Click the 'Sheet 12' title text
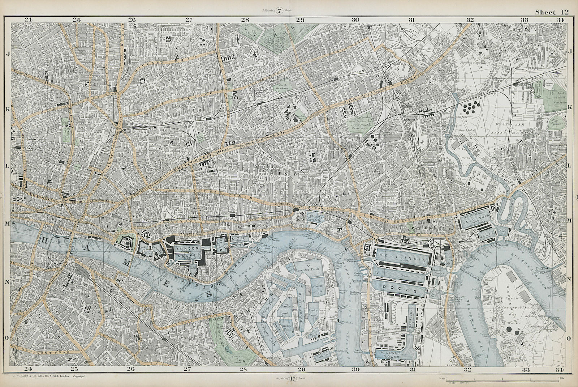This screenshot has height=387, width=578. (552, 12)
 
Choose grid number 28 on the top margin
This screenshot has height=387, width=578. (245, 20)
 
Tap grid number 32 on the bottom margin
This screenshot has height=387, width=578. (468, 369)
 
